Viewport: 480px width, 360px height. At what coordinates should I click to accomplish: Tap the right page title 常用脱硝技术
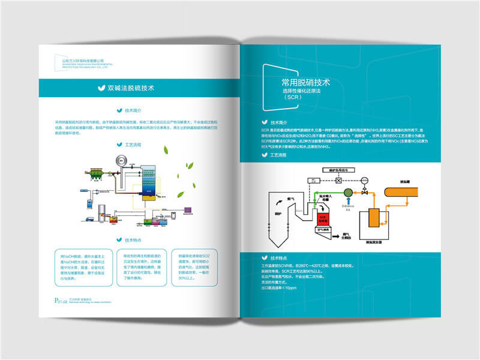pyautogui.click(x=305, y=82)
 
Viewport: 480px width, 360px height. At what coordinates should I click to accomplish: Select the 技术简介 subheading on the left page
pyautogui.click(x=133, y=110)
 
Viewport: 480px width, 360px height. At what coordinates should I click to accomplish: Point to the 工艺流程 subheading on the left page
pyautogui.click(x=133, y=145)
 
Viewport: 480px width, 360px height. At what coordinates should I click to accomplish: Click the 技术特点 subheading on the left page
pyautogui.click(x=133, y=239)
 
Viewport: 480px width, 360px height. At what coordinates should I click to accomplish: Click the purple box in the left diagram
pyautogui.click(x=188, y=210)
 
